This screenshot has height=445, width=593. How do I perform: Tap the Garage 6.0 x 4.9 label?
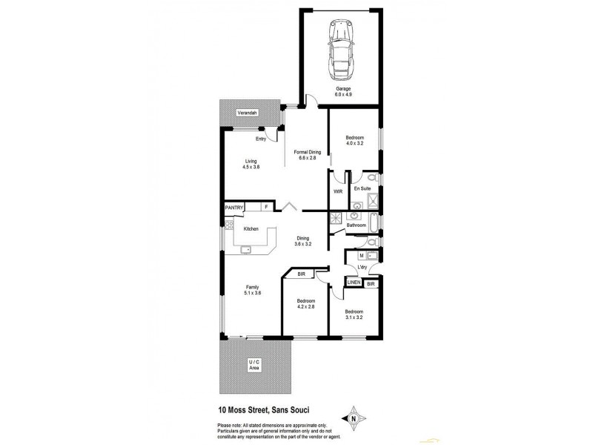342,92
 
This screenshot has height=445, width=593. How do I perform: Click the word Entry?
260,139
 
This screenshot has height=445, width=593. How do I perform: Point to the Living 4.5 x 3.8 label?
251,164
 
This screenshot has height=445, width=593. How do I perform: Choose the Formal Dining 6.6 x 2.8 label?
307,155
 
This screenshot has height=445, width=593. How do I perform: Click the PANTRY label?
234,208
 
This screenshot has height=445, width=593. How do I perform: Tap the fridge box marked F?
264,207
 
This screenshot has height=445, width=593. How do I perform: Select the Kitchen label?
251,228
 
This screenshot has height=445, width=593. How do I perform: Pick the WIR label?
338,191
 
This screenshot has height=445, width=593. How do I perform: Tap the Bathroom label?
357,225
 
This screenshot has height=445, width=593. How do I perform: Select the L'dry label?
362,267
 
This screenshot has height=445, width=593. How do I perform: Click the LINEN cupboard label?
354,283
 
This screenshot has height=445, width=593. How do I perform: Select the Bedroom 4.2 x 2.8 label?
306,303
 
